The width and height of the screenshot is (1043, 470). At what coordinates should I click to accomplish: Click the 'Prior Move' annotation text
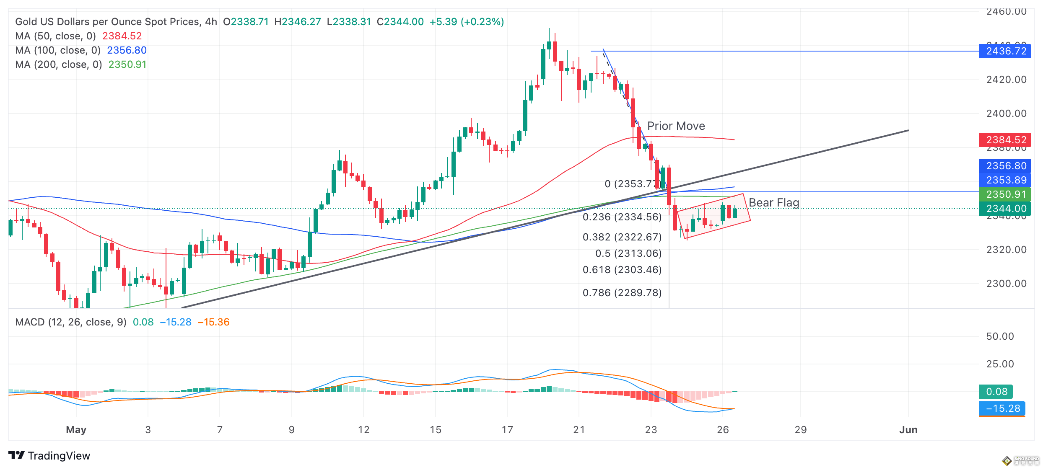click(x=676, y=126)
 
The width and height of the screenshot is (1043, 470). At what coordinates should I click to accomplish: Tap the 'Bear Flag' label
click(x=774, y=203)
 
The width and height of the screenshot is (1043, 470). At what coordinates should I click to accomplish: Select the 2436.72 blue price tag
click(x=1005, y=51)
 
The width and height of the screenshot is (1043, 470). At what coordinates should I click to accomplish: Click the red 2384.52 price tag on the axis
click(x=1005, y=139)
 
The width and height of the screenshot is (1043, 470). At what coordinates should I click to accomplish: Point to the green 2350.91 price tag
click(x=1005, y=194)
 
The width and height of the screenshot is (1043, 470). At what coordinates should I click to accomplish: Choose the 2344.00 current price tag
click(x=1005, y=209)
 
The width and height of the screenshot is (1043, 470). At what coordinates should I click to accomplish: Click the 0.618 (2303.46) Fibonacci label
click(x=622, y=270)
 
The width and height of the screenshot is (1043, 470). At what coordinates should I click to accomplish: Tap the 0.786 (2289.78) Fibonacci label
click(x=622, y=293)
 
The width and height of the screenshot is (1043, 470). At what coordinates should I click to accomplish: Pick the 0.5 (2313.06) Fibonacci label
click(x=628, y=253)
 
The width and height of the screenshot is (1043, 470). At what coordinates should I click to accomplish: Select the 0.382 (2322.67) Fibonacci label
click(x=622, y=237)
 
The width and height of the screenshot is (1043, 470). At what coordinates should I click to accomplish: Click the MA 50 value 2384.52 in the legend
click(x=122, y=36)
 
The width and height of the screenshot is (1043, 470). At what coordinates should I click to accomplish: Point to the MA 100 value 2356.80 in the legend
click(x=127, y=50)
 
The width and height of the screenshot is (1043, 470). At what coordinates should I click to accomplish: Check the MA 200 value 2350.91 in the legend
click(x=127, y=65)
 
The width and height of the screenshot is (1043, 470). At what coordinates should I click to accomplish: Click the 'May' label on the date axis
click(x=76, y=430)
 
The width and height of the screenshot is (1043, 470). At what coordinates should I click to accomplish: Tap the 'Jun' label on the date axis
click(x=908, y=430)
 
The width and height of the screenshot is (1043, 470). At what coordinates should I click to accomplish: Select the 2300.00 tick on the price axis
click(x=1006, y=284)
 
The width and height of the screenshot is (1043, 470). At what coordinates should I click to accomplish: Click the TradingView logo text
click(x=59, y=456)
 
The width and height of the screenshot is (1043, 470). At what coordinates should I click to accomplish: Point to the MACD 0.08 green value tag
click(x=996, y=392)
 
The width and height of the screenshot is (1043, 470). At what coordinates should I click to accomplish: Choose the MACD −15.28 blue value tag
click(x=1002, y=408)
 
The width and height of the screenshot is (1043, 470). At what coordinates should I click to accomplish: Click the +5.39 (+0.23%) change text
click(x=467, y=22)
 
